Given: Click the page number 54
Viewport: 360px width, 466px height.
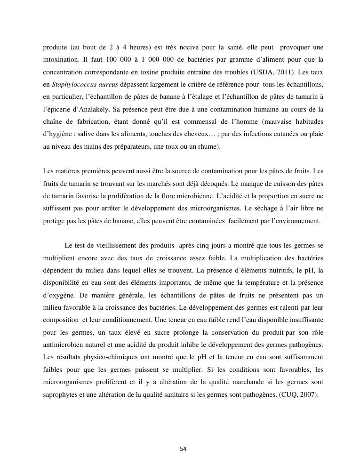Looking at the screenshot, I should [183, 449].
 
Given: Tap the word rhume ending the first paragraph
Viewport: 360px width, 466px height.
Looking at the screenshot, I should [207, 146].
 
